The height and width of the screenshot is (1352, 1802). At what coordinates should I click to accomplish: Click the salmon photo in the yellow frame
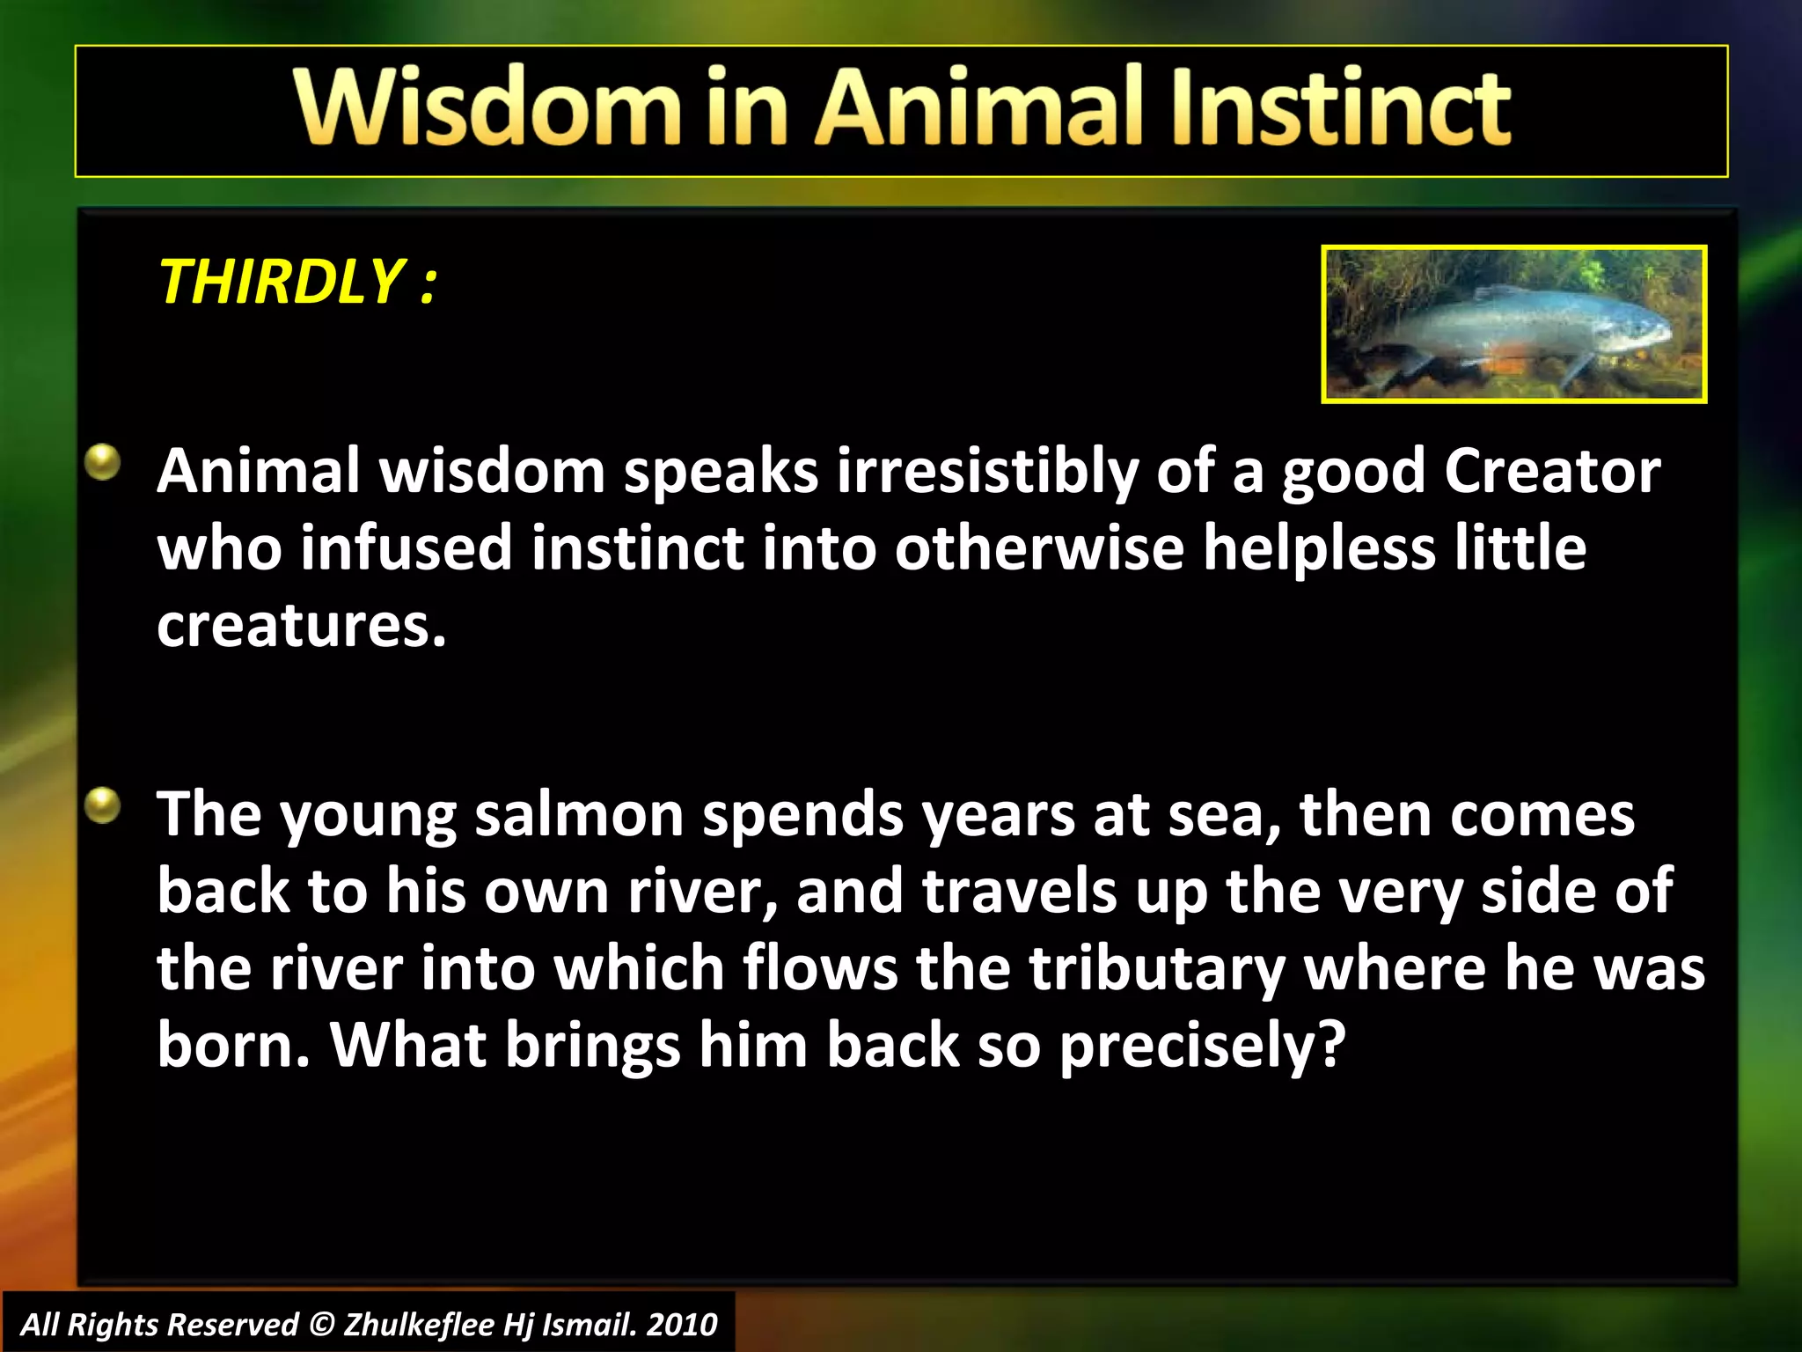pos(1513,324)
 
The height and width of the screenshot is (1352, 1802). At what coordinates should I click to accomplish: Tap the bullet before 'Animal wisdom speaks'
pos(103,462)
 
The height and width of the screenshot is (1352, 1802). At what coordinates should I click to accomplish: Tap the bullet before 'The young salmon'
pos(103,805)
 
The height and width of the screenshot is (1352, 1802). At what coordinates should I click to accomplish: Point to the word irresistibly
pos(987,472)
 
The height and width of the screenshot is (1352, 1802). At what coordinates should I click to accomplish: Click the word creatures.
pos(301,626)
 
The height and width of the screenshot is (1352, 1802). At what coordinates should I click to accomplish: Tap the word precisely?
pos(1202,1046)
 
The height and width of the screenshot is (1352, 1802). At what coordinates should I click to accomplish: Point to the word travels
pos(1019,892)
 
